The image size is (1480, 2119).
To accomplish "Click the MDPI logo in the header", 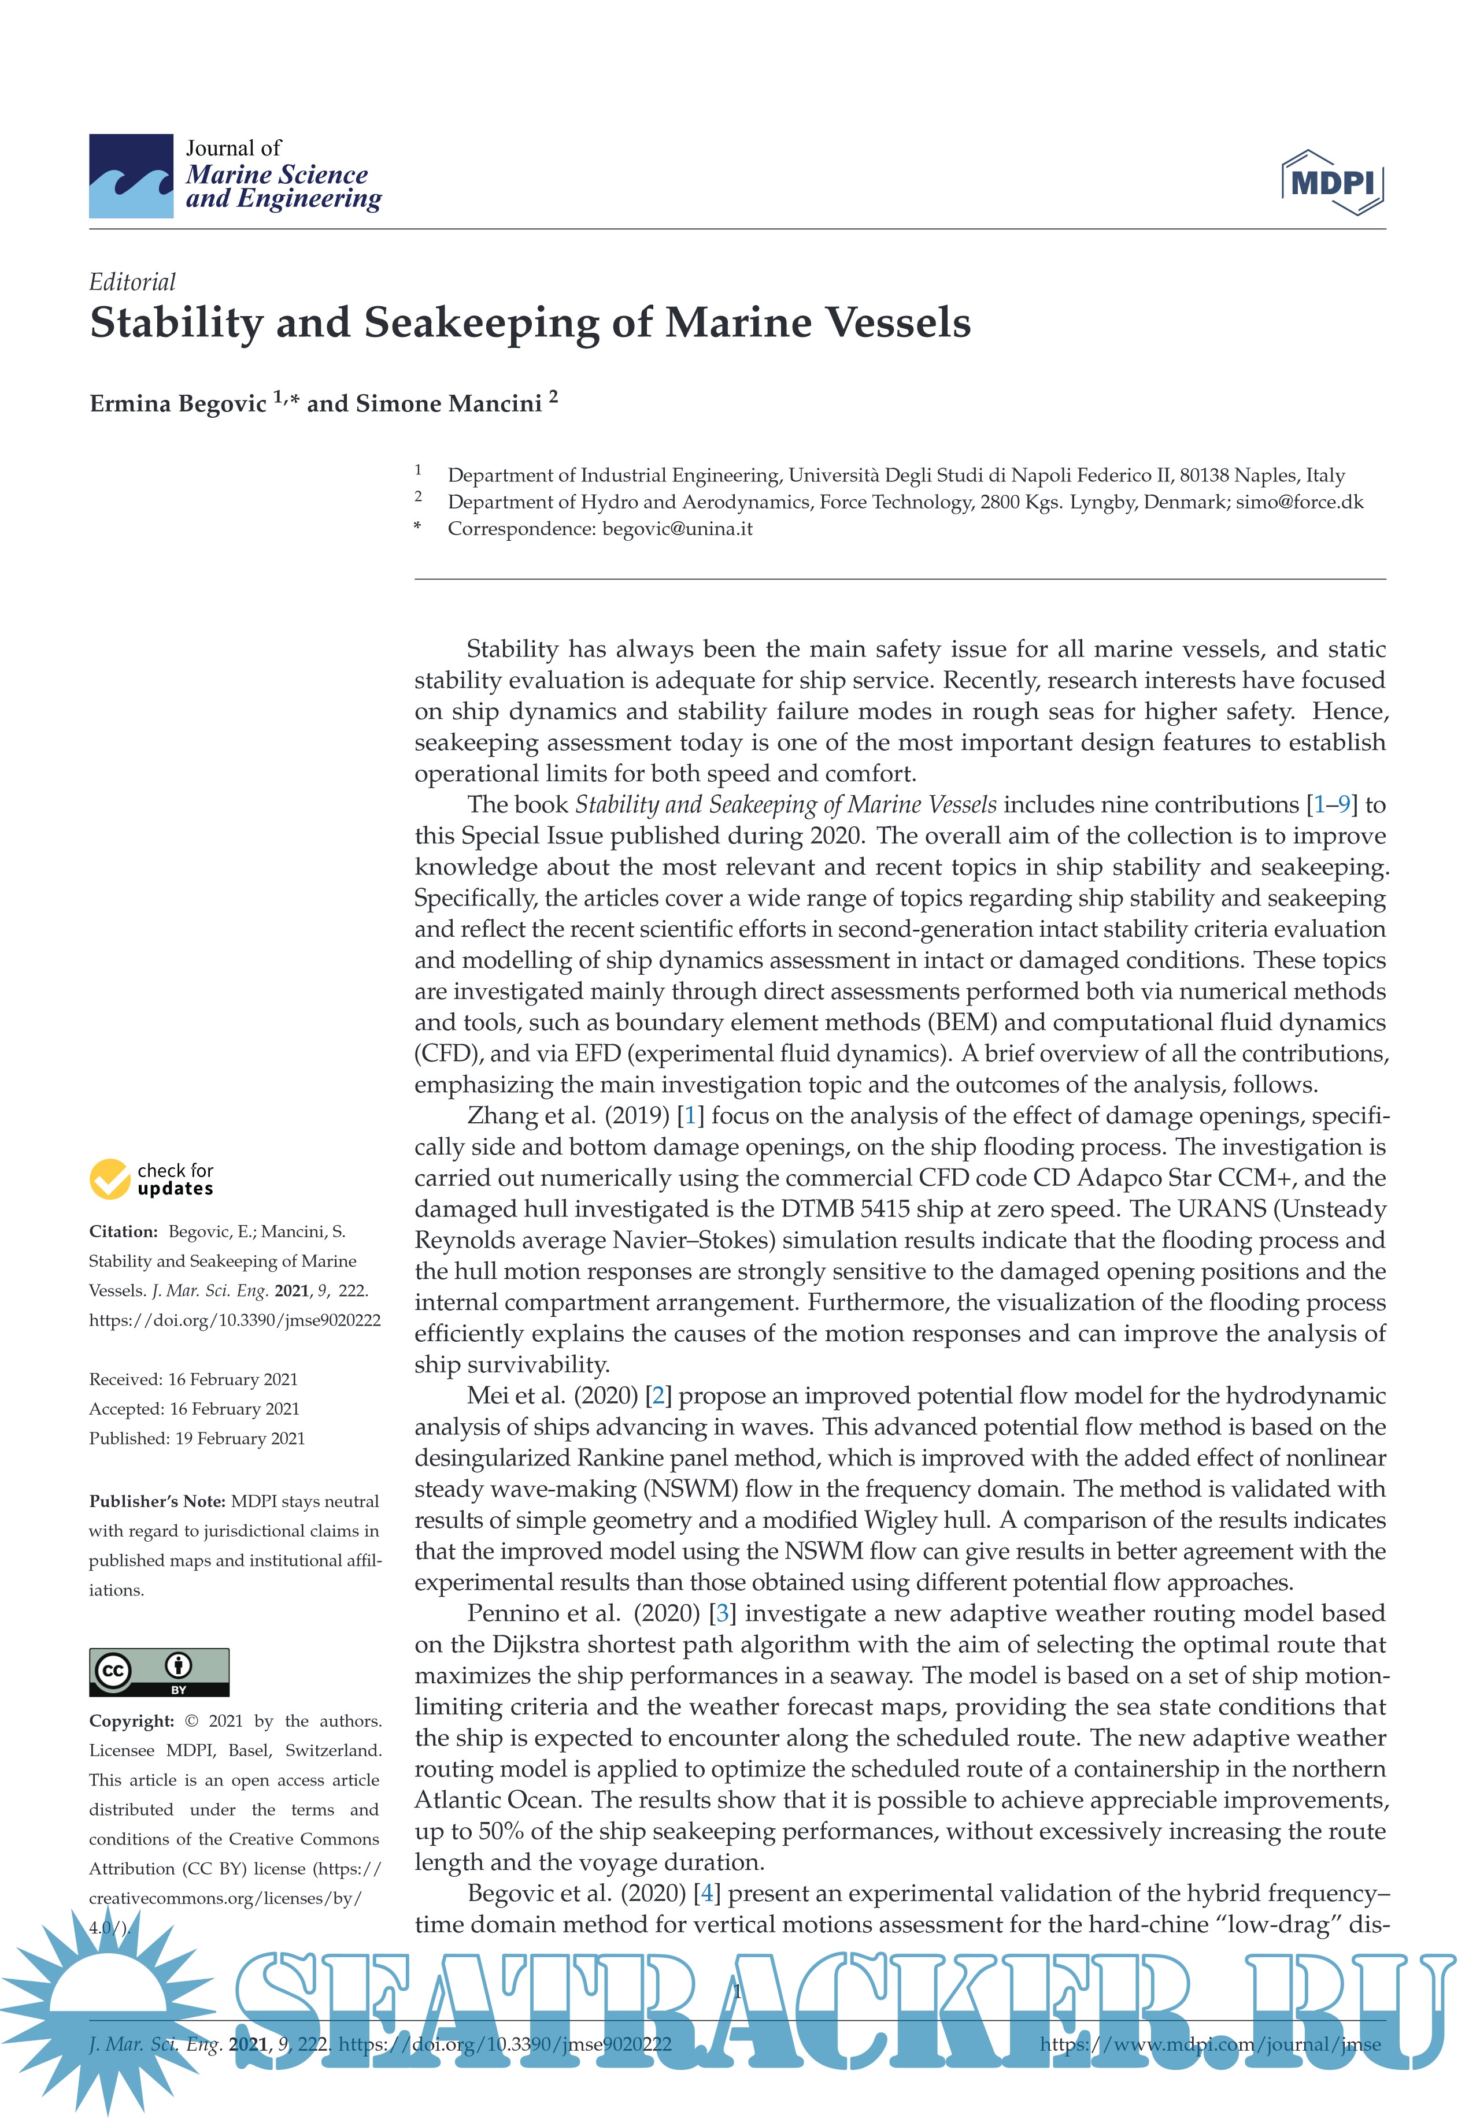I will coord(1332,182).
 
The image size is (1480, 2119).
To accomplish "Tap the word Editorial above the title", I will coord(132,281).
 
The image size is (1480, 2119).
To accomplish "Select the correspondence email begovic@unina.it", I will coord(677,529).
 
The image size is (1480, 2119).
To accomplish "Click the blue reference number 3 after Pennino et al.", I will coord(722,1613).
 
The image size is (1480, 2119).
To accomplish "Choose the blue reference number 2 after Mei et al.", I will coord(657,1396).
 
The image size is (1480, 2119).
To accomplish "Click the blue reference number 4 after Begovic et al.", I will coord(707,1893).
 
